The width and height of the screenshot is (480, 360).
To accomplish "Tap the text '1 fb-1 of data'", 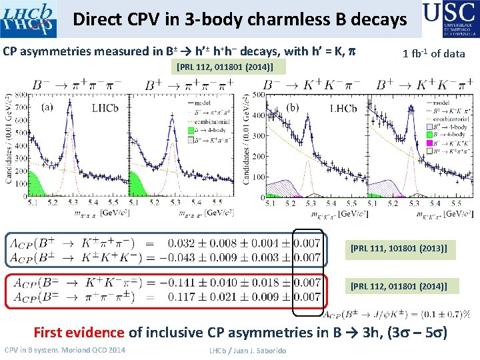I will pyautogui.click(x=434, y=53).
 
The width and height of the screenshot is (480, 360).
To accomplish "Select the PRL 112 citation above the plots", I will pyautogui.click(x=225, y=67).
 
